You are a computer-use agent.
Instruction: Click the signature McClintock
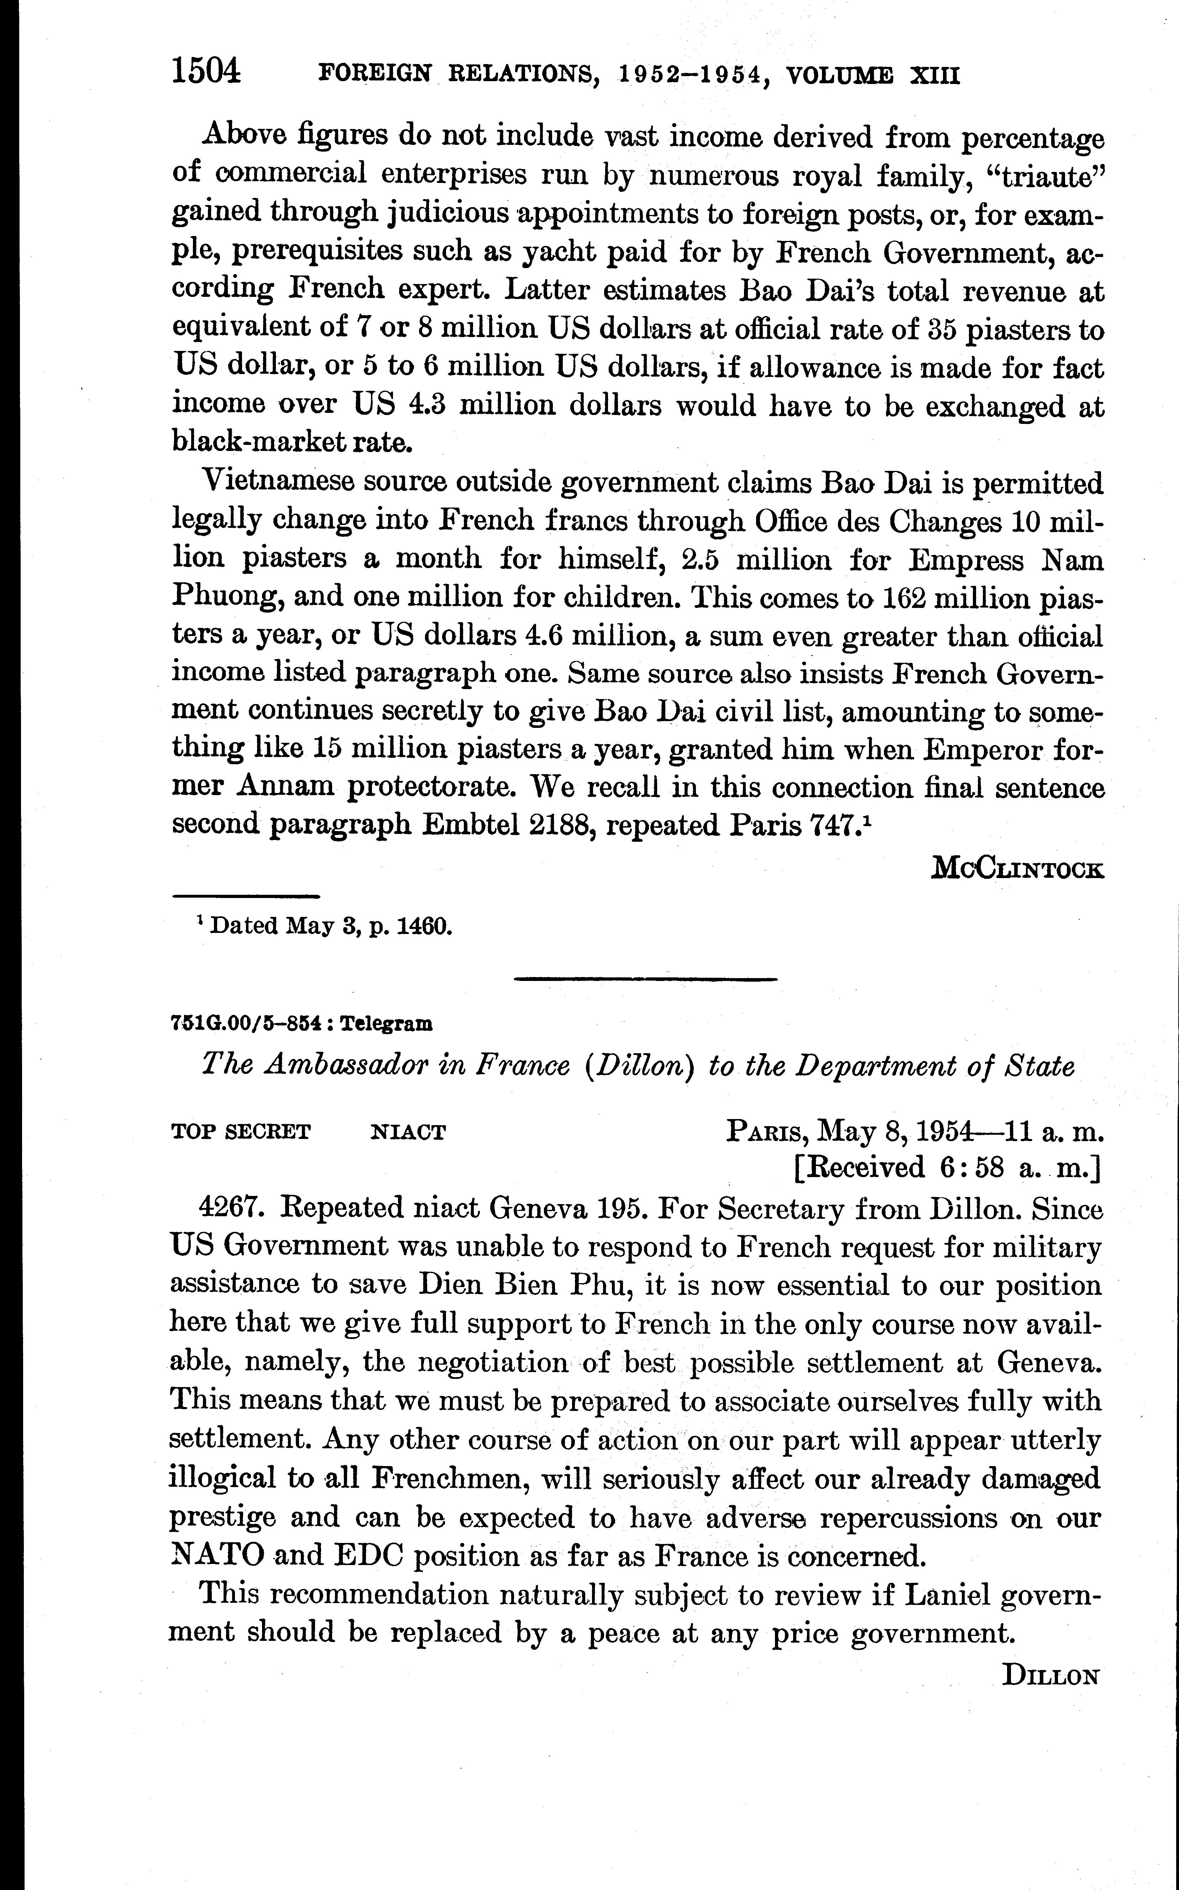pyautogui.click(x=1018, y=868)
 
